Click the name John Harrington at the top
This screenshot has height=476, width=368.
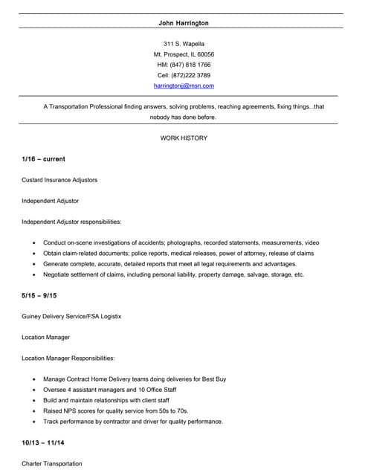(184, 23)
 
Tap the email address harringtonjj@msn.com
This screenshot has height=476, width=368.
(184, 86)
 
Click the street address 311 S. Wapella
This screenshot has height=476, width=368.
(184, 44)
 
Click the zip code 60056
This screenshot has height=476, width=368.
(205, 54)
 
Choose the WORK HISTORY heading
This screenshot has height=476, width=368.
(184, 138)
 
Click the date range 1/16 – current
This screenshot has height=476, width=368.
(43, 159)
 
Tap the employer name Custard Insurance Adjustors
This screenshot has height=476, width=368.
(59, 180)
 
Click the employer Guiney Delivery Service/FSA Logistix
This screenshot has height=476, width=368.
(71, 316)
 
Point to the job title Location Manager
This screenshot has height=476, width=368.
(46, 337)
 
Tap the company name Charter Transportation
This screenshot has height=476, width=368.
(52, 463)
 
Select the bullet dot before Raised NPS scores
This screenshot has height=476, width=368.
(34, 411)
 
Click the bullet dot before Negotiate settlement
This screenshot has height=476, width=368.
(34, 275)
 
